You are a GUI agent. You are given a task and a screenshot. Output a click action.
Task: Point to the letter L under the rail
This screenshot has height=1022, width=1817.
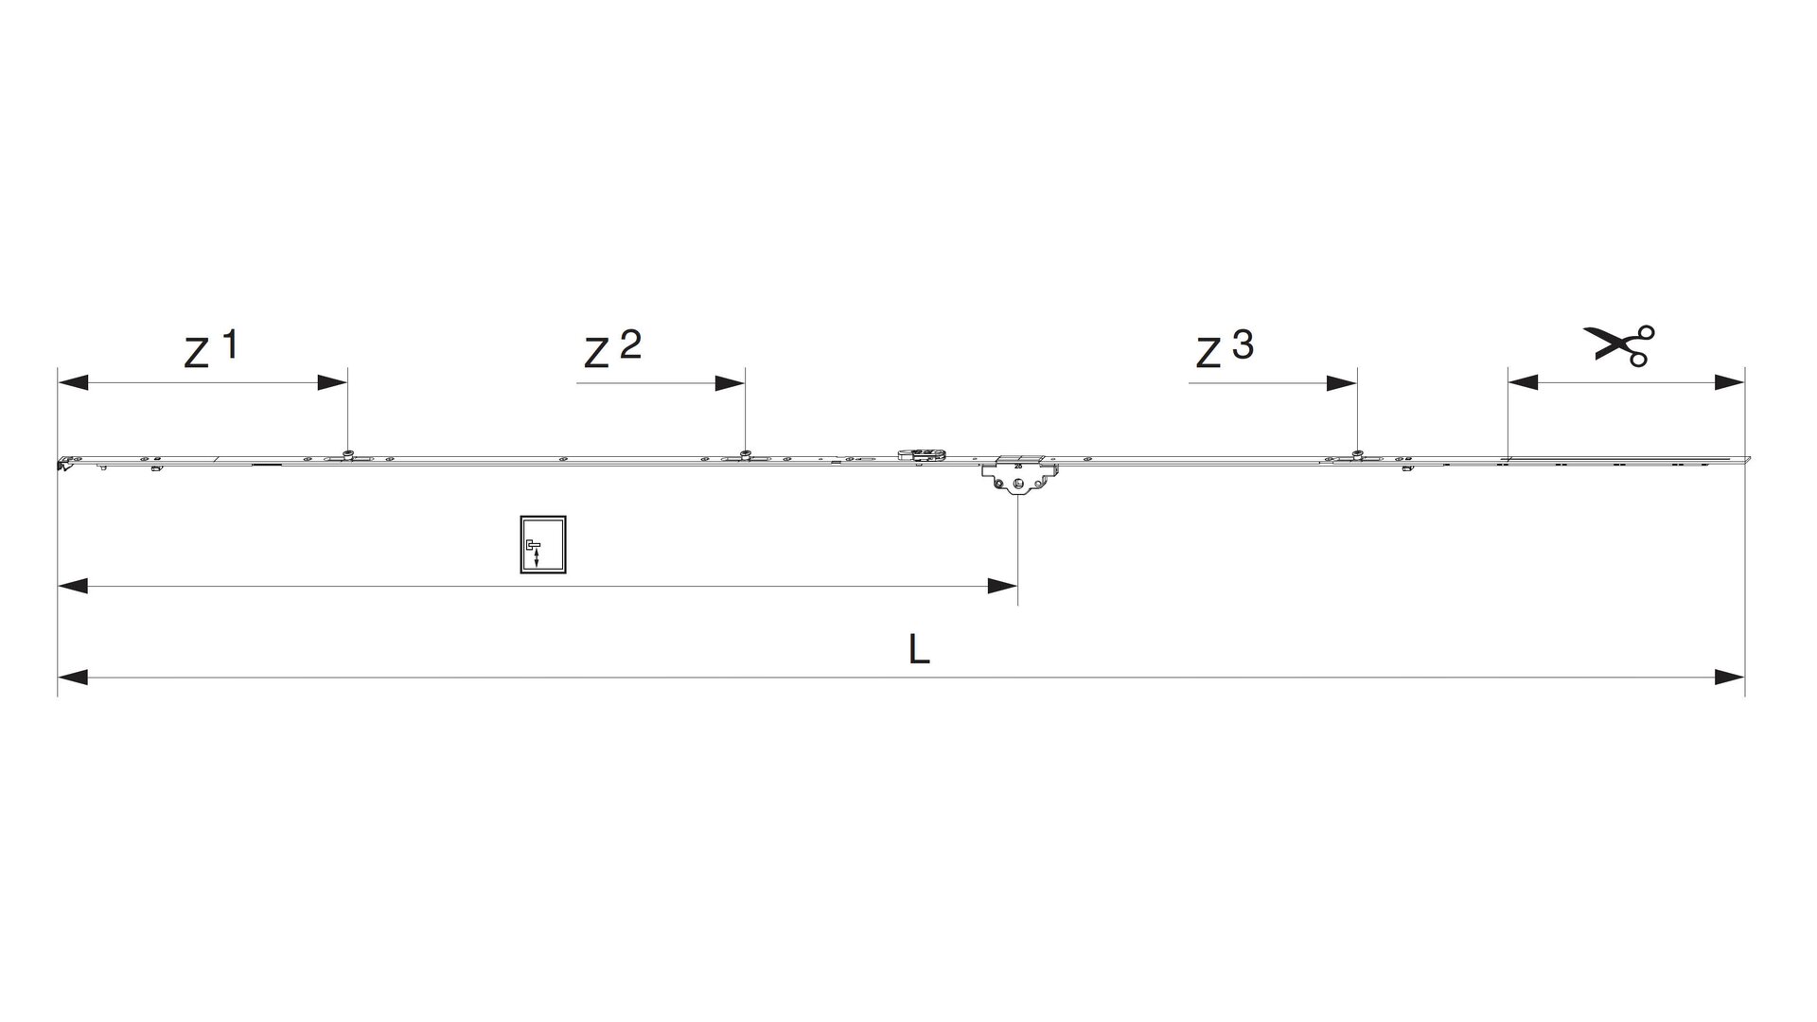click(919, 649)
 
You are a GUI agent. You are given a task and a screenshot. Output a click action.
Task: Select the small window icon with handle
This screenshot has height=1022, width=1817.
click(543, 545)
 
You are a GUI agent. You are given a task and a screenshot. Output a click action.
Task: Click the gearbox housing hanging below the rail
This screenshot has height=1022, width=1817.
click(1017, 475)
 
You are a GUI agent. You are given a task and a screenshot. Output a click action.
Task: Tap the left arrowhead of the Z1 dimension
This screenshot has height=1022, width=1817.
click(73, 383)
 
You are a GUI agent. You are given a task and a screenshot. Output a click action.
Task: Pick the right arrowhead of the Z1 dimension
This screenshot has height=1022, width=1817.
click(332, 383)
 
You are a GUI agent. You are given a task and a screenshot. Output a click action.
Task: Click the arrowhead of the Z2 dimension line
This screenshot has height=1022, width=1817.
click(730, 383)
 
